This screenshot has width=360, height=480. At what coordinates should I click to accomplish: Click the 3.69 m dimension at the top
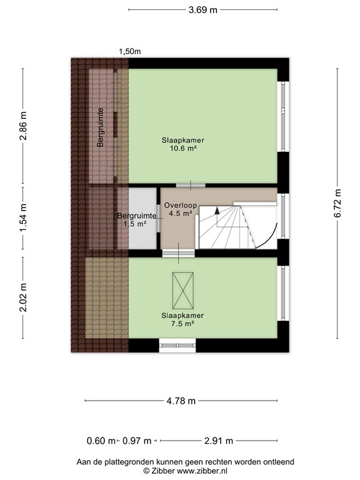click(202, 10)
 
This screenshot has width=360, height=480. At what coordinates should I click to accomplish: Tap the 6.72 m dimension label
click(337, 203)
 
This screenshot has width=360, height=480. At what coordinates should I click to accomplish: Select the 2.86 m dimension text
click(23, 126)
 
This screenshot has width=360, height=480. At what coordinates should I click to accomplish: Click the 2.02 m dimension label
click(23, 297)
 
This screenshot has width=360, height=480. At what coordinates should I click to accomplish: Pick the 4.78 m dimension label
click(181, 401)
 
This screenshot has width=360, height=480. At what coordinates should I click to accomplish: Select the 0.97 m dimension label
click(137, 441)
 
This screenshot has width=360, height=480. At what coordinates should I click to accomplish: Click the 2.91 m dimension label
click(219, 441)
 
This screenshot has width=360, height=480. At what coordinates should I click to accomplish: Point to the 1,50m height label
click(130, 51)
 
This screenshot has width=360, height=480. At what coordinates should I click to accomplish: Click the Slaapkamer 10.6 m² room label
click(183, 144)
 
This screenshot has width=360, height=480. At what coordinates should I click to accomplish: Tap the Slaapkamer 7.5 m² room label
click(182, 319)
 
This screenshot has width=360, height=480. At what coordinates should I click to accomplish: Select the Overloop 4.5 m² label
click(180, 209)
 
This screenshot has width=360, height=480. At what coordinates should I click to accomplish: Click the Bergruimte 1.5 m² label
click(136, 219)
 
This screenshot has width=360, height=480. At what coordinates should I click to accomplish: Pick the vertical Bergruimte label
click(100, 127)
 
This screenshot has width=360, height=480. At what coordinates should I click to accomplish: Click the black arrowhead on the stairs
click(217, 210)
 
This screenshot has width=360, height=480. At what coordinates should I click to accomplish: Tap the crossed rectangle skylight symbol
click(183, 291)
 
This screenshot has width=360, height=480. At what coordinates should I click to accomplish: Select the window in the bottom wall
click(177, 345)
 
